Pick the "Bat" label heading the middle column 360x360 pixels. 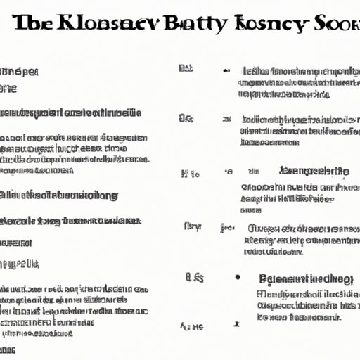click(x=186, y=69)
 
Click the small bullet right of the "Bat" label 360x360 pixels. click(x=226, y=70)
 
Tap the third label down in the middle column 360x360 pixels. click(x=190, y=173)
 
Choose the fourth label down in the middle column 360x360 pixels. click(x=191, y=226)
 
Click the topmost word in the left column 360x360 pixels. click(x=20, y=72)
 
